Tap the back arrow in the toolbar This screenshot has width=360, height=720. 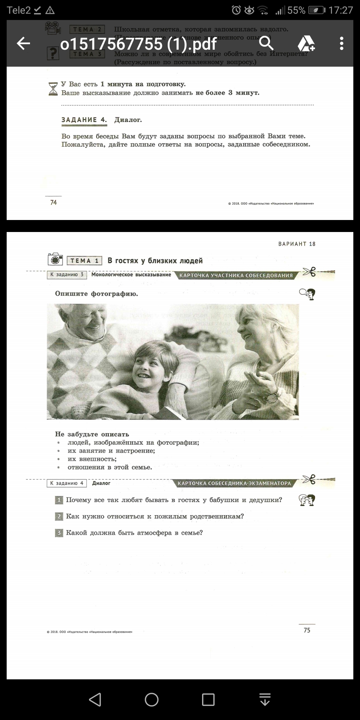[23, 43]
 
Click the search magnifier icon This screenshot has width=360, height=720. [266, 43]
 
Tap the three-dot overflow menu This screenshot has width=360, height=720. [341, 43]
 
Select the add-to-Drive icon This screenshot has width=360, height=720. [306, 43]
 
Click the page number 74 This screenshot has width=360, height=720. [53, 202]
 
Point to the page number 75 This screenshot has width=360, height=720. [307, 630]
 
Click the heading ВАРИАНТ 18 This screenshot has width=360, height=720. [297, 244]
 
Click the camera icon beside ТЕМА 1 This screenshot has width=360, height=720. [55, 259]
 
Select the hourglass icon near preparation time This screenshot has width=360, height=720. [53, 89]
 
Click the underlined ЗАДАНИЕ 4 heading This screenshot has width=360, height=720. [84, 120]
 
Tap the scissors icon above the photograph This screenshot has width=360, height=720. [309, 272]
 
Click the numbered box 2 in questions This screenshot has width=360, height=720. [59, 516]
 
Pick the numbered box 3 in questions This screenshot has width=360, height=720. [59, 533]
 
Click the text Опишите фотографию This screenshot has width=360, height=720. [96, 294]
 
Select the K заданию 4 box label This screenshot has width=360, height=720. [67, 483]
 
